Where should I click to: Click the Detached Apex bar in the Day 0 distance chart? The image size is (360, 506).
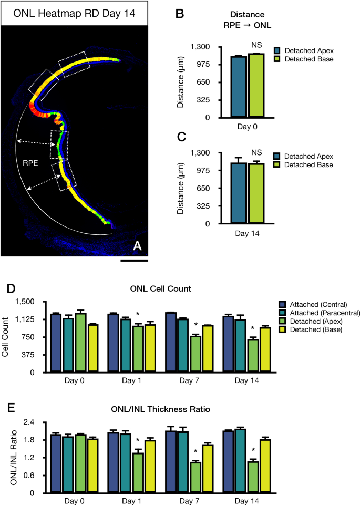click(x=239, y=87)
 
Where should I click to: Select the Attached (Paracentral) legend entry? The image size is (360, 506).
click(x=318, y=313)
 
